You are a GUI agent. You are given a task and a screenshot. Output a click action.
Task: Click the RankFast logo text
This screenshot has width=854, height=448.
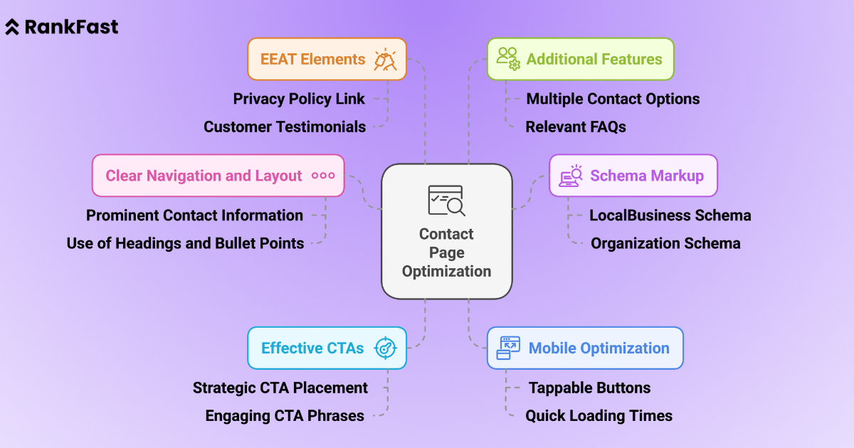[71, 28]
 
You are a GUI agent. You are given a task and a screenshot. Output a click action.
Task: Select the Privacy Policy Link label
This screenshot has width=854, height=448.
[299, 99]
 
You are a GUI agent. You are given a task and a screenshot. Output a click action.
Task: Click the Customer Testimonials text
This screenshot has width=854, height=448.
[285, 127]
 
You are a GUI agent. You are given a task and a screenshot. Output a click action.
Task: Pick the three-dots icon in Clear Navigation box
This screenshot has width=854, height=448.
[323, 176]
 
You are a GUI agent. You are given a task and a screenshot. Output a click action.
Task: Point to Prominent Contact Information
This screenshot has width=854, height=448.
[194, 215]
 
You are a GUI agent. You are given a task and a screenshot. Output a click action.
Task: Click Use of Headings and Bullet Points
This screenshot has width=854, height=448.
[185, 243]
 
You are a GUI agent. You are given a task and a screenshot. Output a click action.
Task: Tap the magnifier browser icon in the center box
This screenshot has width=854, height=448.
[446, 201]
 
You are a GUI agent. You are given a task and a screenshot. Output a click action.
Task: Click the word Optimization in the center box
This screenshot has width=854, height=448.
[446, 271]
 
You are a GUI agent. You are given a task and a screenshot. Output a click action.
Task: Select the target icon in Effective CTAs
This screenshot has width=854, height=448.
[386, 348]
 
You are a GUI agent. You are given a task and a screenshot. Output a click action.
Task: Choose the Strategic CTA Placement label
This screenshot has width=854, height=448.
[280, 388]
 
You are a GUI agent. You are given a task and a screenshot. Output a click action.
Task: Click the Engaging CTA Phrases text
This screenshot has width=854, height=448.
[285, 416]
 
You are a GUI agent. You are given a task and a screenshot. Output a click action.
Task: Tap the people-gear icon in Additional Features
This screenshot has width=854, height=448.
[508, 58]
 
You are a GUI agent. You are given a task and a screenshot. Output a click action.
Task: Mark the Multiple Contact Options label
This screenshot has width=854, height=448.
[613, 99]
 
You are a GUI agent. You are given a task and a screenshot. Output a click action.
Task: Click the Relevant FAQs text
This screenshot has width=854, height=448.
[576, 127]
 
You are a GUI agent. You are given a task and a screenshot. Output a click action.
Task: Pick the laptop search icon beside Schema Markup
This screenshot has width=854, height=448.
[571, 176]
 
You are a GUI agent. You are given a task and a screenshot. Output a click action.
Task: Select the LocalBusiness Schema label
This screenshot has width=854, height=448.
[670, 215]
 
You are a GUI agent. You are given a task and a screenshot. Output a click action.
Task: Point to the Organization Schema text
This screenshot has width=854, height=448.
[665, 243]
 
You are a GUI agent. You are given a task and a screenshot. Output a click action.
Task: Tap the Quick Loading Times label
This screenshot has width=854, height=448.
[599, 416]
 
